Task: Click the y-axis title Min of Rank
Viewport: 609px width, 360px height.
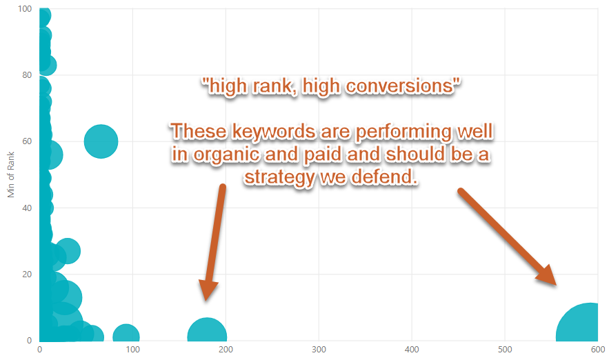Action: coord(11,174)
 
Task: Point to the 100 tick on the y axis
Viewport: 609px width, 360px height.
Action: coord(25,8)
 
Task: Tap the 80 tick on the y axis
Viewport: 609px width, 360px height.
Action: coord(27,75)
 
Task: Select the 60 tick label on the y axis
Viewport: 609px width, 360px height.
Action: coord(27,141)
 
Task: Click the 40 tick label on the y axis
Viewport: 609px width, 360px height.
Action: coord(27,208)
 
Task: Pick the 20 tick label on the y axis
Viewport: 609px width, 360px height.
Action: coord(27,274)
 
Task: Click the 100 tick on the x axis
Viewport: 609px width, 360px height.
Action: coord(133,350)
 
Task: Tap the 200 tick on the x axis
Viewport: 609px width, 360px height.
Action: coord(226,350)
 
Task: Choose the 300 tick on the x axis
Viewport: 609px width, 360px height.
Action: coord(319,350)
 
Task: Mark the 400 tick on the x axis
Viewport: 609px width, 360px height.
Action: coord(412,350)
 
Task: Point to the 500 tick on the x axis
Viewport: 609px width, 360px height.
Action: coord(505,350)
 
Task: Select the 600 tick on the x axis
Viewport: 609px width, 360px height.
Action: coord(598,350)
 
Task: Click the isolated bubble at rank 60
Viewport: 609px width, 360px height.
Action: coord(101,141)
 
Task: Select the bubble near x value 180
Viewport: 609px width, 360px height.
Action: coord(207,331)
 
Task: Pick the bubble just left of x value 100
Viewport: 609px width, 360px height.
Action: coord(126,333)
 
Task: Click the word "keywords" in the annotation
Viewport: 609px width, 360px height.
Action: coord(273,132)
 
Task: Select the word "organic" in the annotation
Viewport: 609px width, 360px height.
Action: coord(226,155)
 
